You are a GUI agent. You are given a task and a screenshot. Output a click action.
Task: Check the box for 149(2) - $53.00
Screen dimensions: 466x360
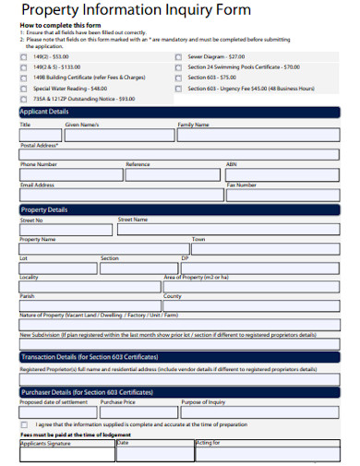point(23,56)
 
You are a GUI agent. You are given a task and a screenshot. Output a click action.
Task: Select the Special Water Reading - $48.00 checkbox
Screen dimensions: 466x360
point(23,88)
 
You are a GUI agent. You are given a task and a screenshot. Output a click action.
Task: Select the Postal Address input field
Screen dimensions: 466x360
point(180,155)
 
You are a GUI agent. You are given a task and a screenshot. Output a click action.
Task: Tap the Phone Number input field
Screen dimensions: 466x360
point(69,174)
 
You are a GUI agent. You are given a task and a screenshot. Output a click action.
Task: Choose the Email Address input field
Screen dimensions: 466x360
point(120,195)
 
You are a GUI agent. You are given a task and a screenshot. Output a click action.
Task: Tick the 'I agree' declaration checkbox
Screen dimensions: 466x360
point(23,425)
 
